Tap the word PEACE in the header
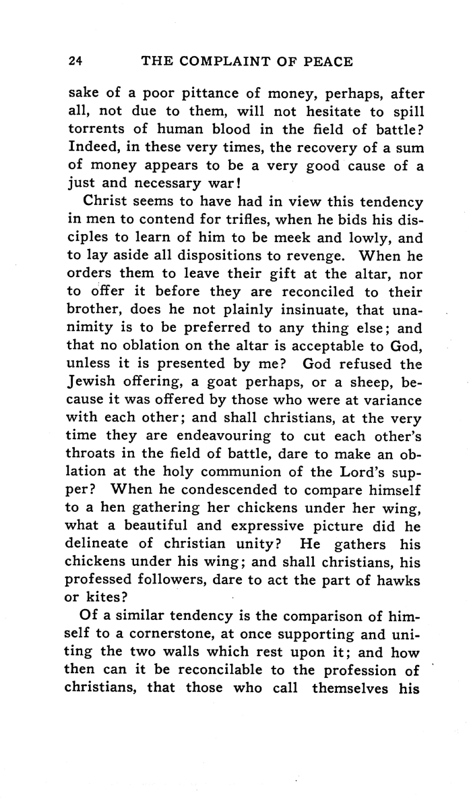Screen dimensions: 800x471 pyautogui.click(x=325, y=61)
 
